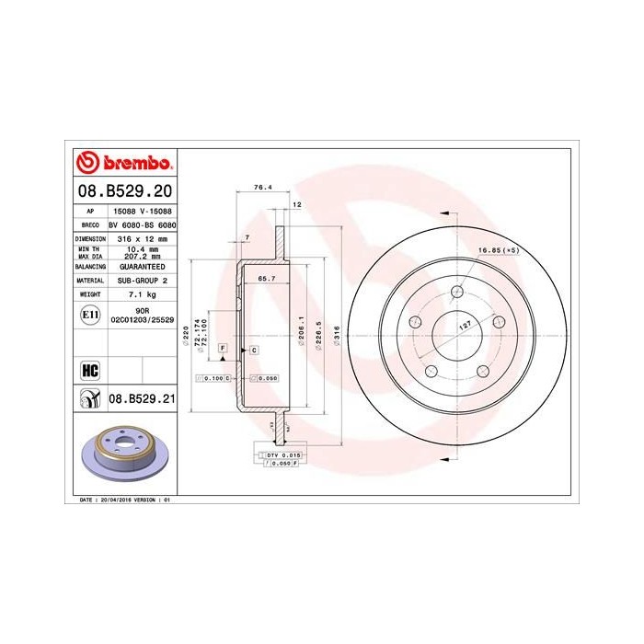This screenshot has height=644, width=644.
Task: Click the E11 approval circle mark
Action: pyautogui.click(x=90, y=315)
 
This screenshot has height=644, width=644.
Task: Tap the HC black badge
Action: pyautogui.click(x=90, y=370)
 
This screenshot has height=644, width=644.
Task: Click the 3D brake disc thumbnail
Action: pyautogui.click(x=123, y=454)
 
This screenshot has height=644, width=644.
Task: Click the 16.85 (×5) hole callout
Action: pyautogui.click(x=497, y=249)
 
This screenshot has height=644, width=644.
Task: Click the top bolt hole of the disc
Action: pyautogui.click(x=457, y=293)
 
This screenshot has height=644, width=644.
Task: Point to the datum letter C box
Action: pyautogui.click(x=253, y=351)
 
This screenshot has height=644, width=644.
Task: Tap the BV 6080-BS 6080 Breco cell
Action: pyautogui.click(x=142, y=224)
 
